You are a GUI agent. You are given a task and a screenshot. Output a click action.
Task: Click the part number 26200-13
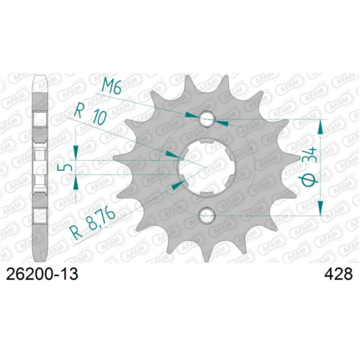[41, 274]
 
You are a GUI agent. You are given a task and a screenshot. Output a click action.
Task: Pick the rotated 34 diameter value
[311, 158]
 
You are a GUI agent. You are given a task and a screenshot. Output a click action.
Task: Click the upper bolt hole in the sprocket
[206, 118]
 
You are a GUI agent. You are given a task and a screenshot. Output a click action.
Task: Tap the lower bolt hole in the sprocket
[206, 215]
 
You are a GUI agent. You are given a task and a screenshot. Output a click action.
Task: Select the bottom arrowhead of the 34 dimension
[322, 208]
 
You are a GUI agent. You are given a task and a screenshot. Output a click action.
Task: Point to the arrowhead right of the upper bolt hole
[221, 122]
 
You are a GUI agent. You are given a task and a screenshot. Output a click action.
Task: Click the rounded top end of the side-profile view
[40, 77]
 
